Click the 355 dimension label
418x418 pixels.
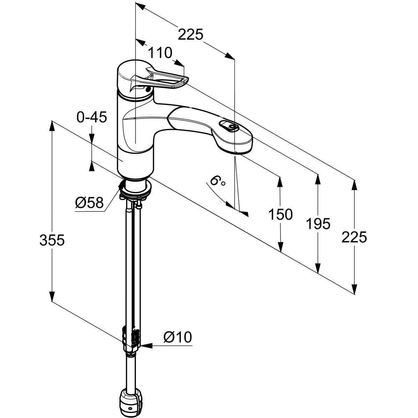tap(52, 240)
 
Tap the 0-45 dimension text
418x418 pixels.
tap(91, 118)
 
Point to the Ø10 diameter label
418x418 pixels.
tap(178, 337)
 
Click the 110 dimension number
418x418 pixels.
tap(160, 53)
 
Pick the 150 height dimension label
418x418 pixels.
tap(280, 215)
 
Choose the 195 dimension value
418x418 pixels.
tap(318, 224)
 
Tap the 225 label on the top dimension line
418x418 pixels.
tap(190, 35)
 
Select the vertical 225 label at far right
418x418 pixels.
tap(354, 238)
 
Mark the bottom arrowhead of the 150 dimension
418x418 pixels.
tap(280, 246)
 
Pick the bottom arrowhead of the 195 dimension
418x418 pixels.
tap(318, 267)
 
